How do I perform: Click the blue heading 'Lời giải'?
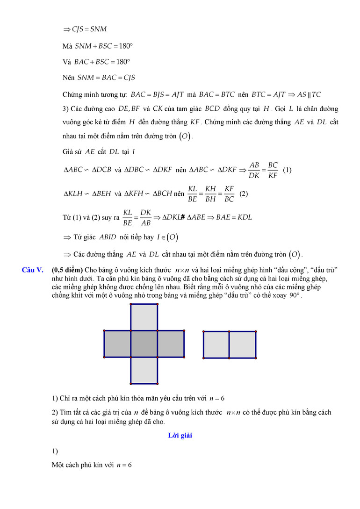pyautogui.click(x=180, y=436)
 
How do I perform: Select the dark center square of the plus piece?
pyautogui.click(x=144, y=344)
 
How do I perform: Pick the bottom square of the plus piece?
pyautogui.click(x=144, y=371)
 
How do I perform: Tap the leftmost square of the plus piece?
pyautogui.click(x=117, y=344)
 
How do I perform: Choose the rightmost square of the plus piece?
pyautogui.click(x=171, y=344)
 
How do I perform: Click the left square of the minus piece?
pyautogui.click(x=216, y=344)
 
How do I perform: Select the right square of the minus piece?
pyautogui.click(x=243, y=344)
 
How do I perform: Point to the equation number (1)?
pyautogui.click(x=288, y=170)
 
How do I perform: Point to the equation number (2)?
pyautogui.click(x=244, y=194)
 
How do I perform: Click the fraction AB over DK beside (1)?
pyautogui.click(x=254, y=170)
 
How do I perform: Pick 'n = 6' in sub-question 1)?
pyautogui.click(x=217, y=398)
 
